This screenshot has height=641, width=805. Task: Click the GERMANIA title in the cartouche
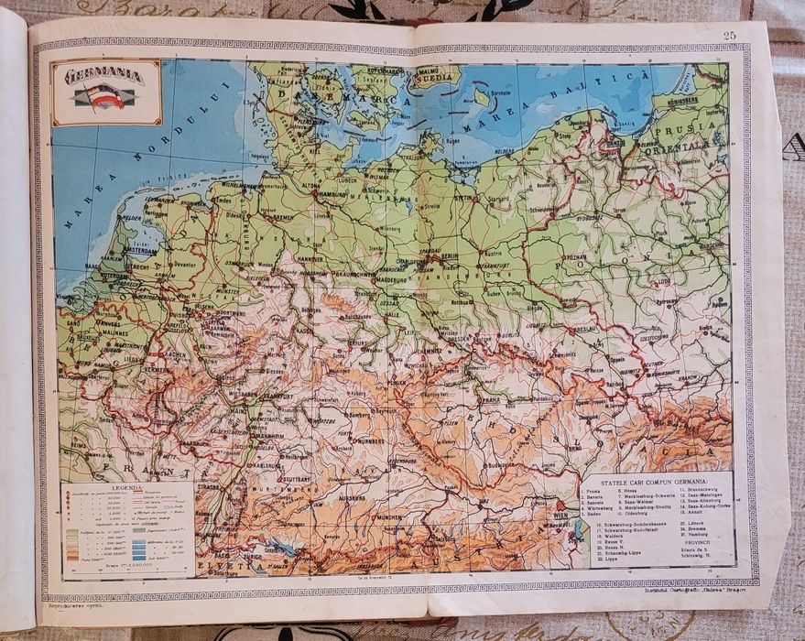103,76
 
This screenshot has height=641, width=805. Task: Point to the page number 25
729,36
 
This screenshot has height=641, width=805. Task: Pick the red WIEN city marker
560,505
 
